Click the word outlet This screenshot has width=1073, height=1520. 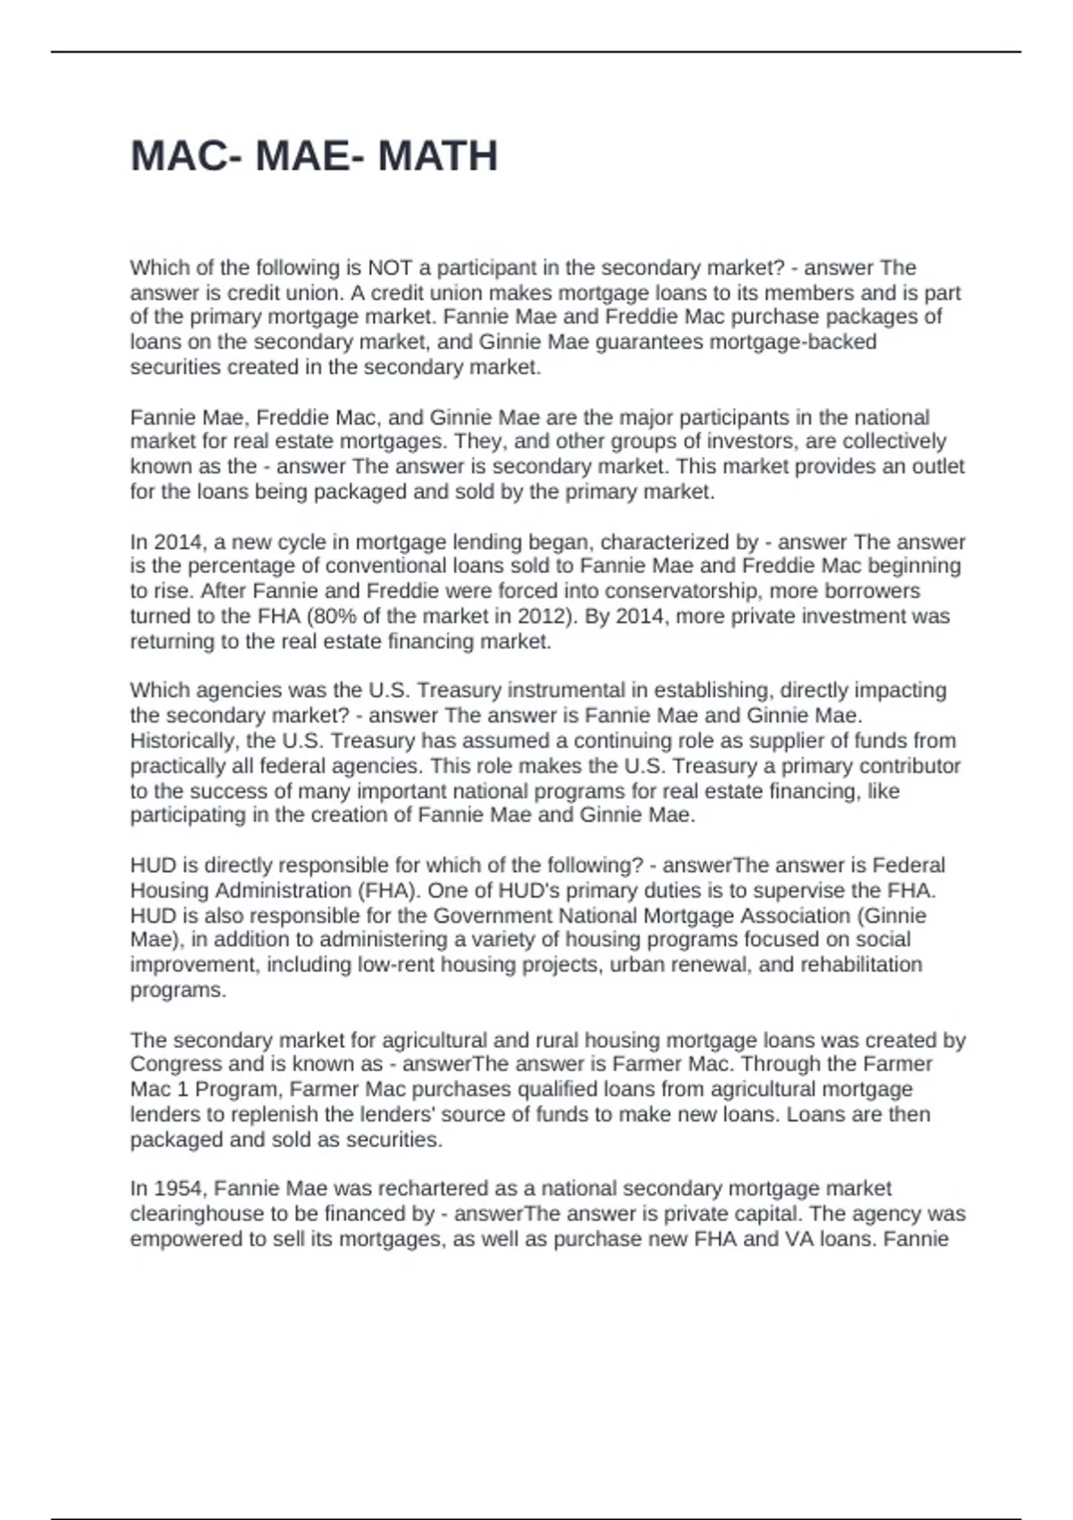coord(938,467)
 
